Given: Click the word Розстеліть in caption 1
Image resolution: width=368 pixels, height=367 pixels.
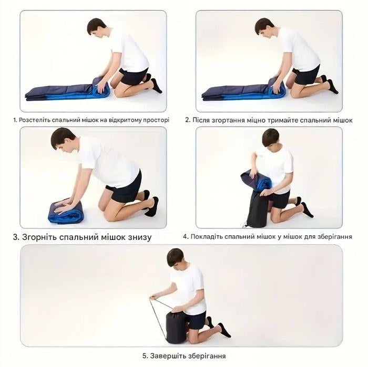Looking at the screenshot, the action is click(x=34, y=120).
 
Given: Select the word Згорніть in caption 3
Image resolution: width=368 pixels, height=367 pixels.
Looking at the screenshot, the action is click(x=39, y=237).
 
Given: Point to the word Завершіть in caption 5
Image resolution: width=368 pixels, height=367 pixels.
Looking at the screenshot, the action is click(x=165, y=356).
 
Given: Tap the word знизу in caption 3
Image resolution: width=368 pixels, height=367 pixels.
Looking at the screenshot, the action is click(x=140, y=237).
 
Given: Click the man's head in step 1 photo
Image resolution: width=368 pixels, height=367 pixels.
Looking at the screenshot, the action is click(x=96, y=27).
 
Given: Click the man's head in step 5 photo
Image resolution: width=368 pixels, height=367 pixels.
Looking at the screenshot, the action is click(x=175, y=258).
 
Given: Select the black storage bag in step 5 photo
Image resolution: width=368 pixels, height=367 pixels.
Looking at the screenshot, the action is click(x=176, y=327).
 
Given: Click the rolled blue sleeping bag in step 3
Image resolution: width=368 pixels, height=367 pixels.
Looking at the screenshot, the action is click(x=65, y=212).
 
